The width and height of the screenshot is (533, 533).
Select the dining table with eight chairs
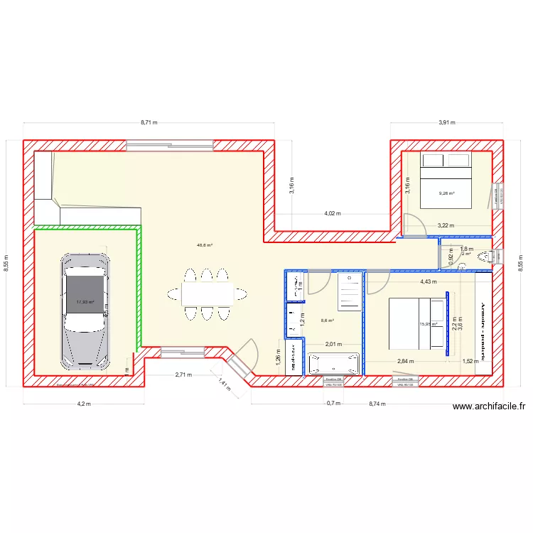[207, 293]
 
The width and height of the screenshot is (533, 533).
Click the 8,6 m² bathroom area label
[328, 321]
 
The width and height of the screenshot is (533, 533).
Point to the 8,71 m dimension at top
[149, 122]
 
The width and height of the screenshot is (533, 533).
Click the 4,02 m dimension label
[332, 213]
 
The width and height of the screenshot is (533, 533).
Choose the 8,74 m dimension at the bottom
[377, 403]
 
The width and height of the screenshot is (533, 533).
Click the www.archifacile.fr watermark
[489, 407]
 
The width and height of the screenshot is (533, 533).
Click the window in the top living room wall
[170, 145]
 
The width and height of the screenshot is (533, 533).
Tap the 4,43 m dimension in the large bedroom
[428, 281]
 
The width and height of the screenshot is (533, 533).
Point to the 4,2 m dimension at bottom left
[84, 403]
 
